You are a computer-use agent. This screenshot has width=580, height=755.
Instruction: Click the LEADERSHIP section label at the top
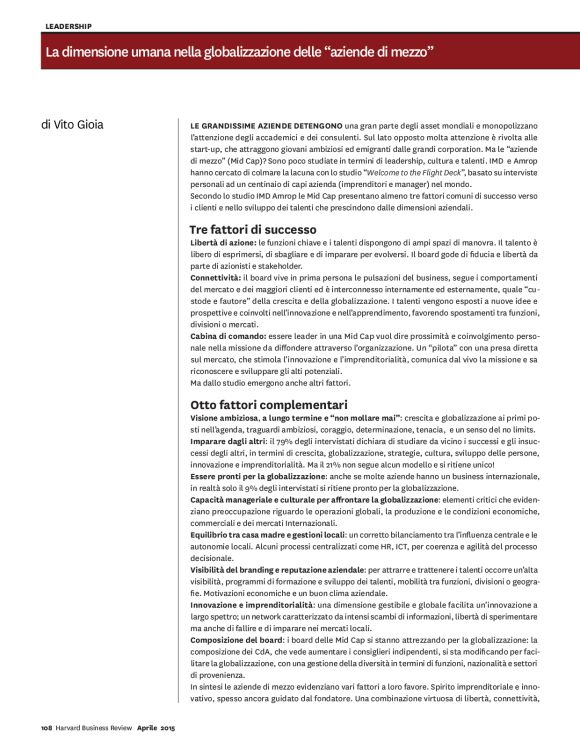click(x=69, y=26)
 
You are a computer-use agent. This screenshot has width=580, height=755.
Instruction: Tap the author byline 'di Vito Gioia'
click(x=78, y=125)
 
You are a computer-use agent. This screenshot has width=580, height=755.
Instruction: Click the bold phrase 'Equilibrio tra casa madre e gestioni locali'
click(x=271, y=538)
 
